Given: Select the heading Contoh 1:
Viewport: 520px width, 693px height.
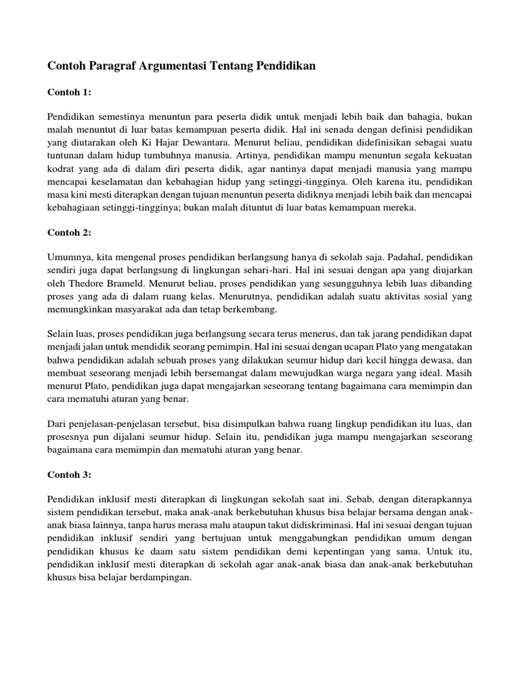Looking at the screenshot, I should click(x=69, y=92).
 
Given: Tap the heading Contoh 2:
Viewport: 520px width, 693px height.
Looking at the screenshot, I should click(x=69, y=232).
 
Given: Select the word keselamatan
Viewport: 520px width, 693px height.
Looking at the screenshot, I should click(x=116, y=182).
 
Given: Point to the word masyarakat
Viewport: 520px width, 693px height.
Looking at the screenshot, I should click(x=139, y=309).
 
